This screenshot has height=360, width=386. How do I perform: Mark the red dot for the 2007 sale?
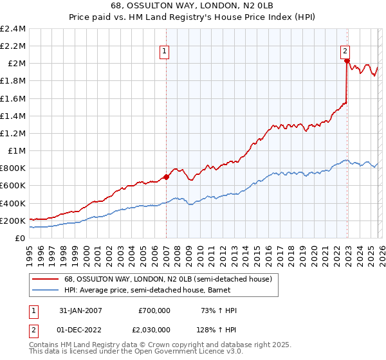pyautogui.click(x=166, y=177)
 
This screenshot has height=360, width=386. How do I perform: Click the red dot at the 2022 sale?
pyautogui.click(x=347, y=61)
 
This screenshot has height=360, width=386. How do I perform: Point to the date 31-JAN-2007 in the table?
pyautogui.click(x=80, y=310)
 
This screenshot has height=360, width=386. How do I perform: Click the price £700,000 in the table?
pyautogui.click(x=154, y=310)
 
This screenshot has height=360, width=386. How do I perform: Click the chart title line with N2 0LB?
pyautogui.click(x=193, y=6)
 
